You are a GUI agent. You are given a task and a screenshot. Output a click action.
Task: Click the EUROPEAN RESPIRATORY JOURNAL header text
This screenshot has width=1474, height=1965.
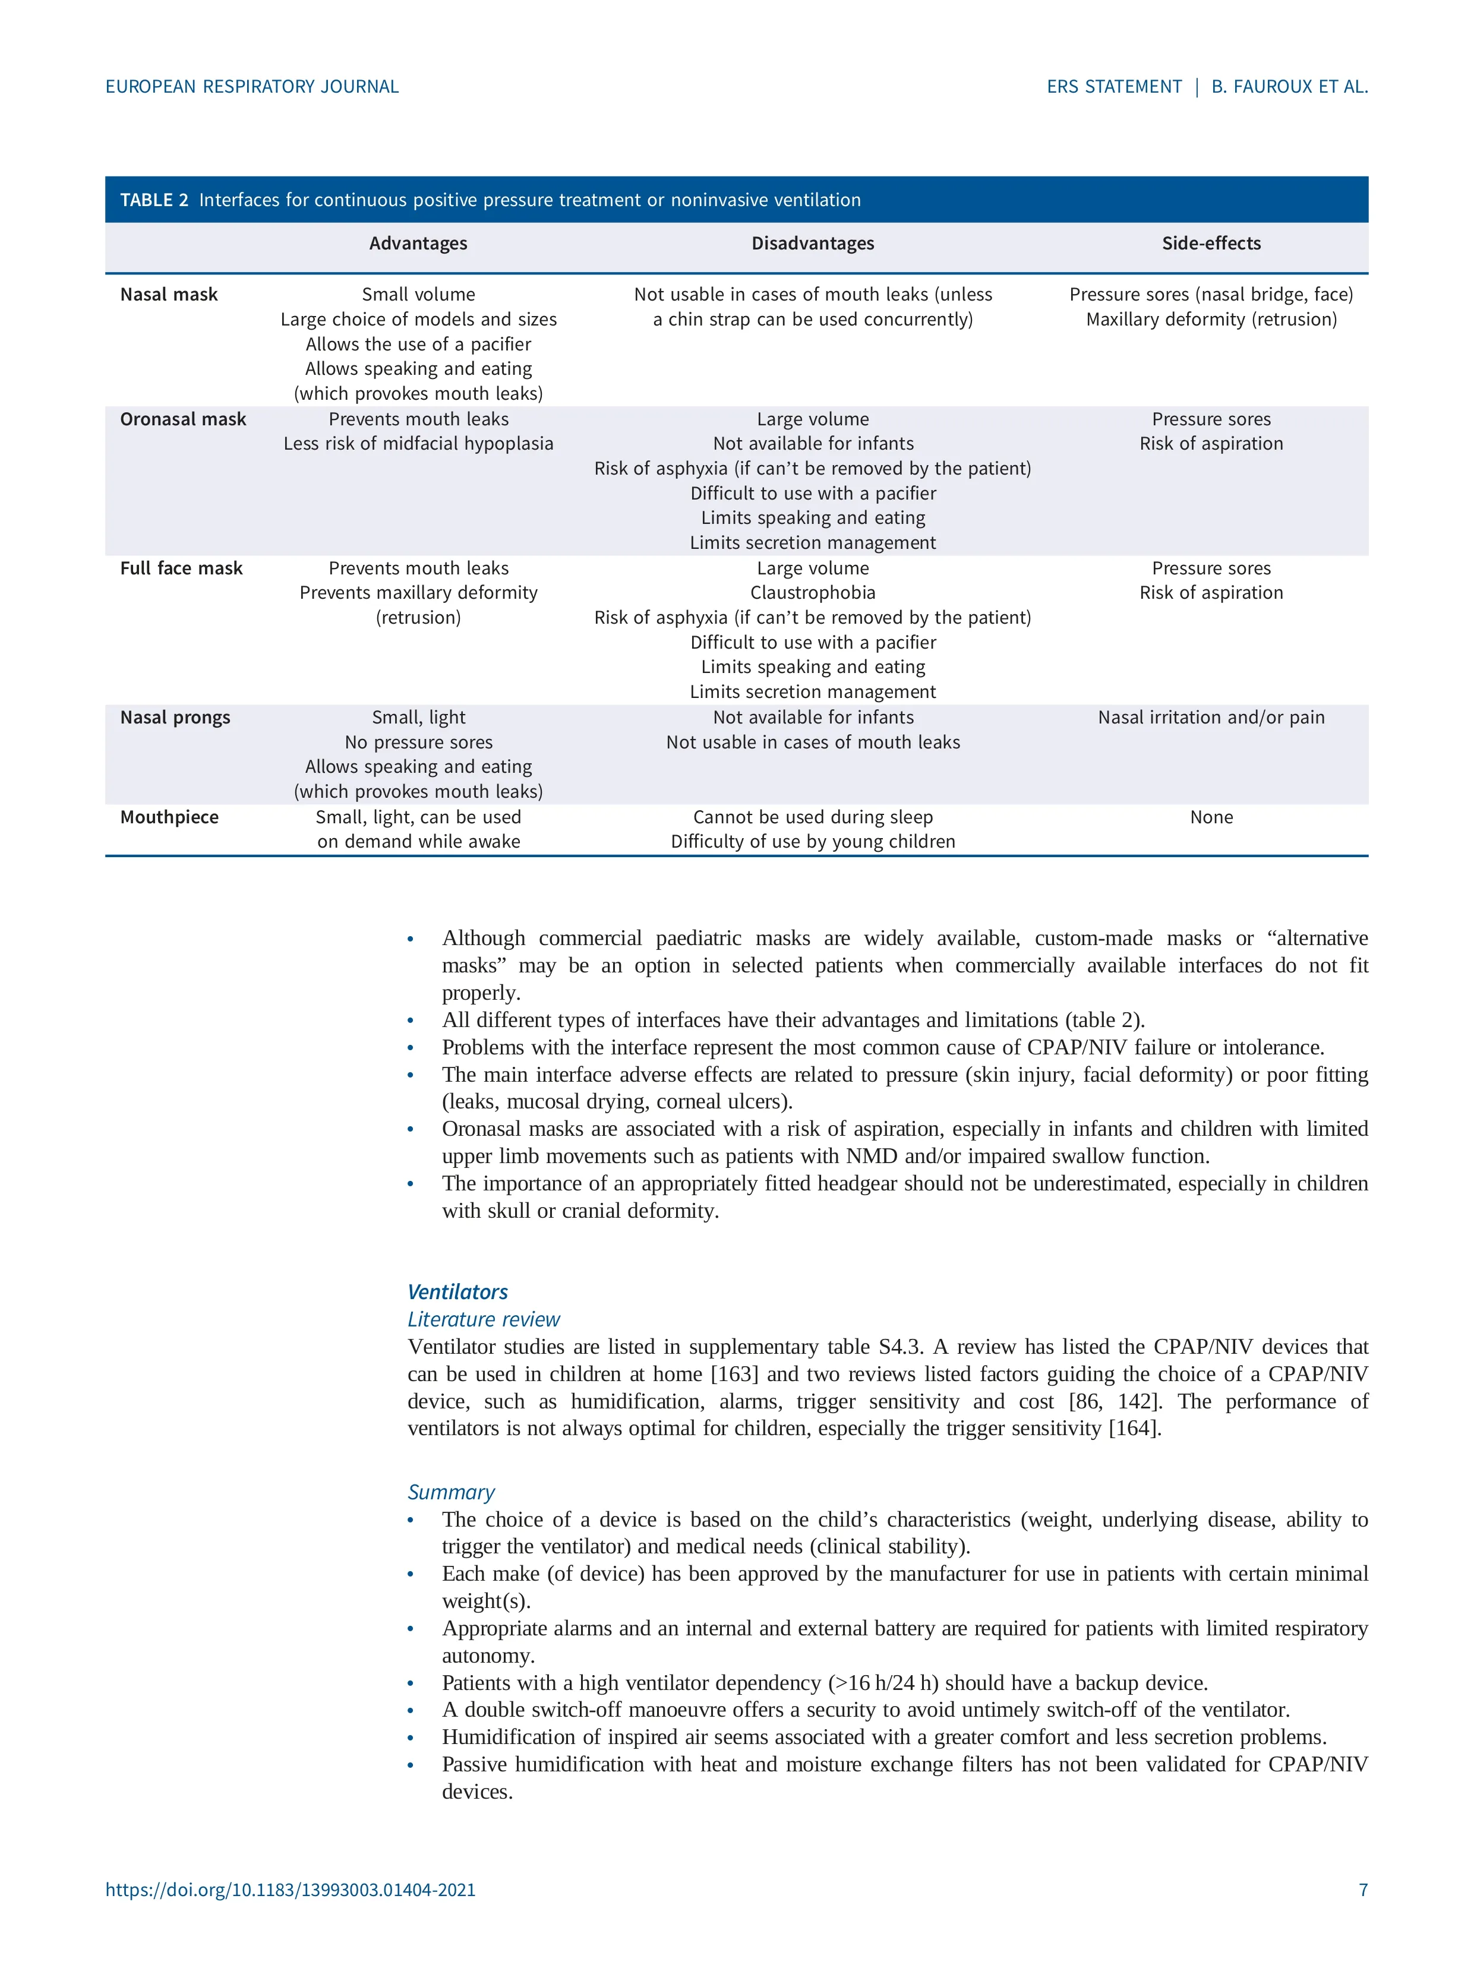[x=252, y=87]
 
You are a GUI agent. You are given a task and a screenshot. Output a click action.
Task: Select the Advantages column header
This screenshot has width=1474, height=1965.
[x=418, y=244]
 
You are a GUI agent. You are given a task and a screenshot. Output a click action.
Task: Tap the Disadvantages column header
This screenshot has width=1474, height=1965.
[x=812, y=244]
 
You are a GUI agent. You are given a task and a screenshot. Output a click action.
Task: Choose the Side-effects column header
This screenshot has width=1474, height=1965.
[x=1211, y=244]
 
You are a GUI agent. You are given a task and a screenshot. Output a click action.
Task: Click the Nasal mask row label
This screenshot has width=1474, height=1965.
[x=169, y=295]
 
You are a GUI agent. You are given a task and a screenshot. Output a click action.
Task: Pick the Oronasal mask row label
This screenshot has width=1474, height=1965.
[x=183, y=419]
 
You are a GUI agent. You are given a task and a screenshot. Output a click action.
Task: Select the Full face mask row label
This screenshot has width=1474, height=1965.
[x=181, y=568]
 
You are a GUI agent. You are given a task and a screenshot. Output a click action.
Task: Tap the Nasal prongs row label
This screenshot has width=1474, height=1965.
[x=175, y=718]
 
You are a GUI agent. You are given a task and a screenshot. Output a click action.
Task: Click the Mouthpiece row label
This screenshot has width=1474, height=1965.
[x=169, y=817]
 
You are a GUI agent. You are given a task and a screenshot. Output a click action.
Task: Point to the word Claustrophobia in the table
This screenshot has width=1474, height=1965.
[x=812, y=592]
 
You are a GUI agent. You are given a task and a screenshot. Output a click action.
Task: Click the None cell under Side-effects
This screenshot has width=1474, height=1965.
[x=1211, y=817]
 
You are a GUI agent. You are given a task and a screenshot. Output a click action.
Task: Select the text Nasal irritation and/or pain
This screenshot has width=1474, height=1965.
[x=1211, y=718]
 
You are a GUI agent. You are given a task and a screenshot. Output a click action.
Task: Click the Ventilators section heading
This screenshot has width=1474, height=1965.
[x=457, y=1291]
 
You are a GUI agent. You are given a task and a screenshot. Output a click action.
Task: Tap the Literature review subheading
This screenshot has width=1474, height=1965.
[x=484, y=1319]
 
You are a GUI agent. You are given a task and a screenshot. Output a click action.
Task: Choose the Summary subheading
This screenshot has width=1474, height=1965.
[x=450, y=1492]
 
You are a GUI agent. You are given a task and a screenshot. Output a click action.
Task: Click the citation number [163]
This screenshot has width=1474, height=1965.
[x=734, y=1375]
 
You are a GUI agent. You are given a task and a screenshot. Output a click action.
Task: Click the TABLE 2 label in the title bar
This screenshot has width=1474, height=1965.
[x=154, y=200]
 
